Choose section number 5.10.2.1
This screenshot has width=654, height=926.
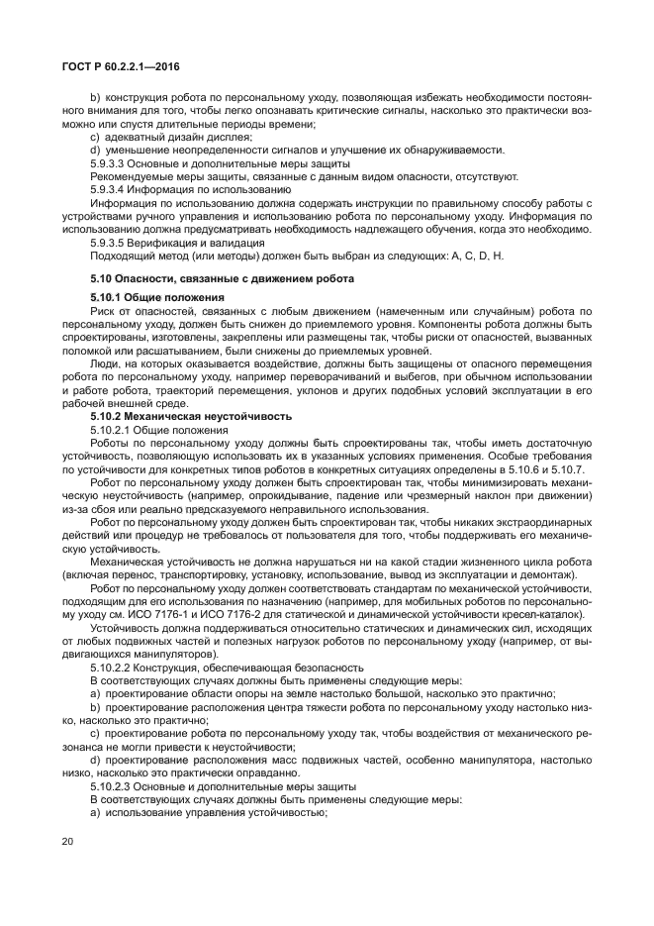[113, 430]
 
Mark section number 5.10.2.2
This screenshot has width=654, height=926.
[113, 667]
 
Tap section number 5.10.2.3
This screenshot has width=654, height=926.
[113, 785]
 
